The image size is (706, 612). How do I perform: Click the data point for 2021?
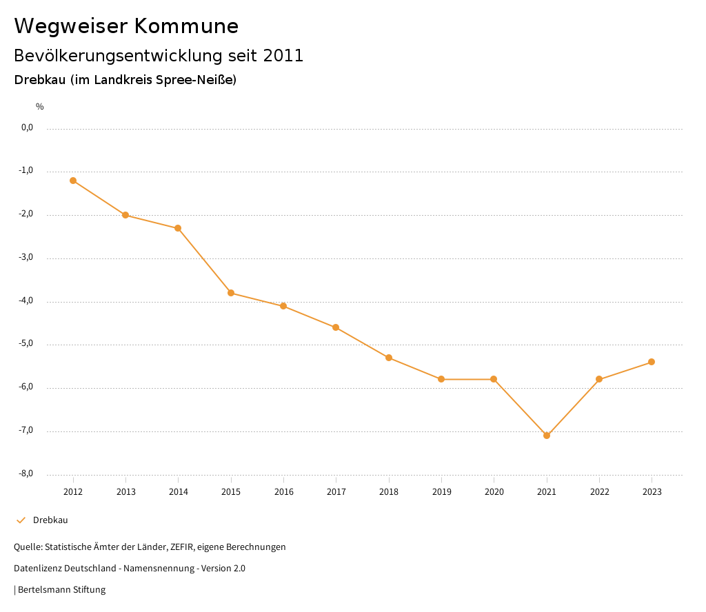(547, 436)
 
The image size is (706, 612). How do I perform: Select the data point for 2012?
(73, 181)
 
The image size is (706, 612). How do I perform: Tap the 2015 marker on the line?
(231, 293)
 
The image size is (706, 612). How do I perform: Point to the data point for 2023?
(652, 362)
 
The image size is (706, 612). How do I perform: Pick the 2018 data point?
(389, 358)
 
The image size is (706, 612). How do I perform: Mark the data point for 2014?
(178, 228)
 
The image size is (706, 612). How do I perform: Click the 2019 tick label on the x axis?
(441, 491)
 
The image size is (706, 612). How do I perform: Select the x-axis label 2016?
(283, 491)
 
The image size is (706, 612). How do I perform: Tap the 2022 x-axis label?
(599, 491)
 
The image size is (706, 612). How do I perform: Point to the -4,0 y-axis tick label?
(27, 300)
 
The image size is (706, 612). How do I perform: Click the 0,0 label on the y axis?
(28, 127)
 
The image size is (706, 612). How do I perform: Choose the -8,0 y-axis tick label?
(27, 473)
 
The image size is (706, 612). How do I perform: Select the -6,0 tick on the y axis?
(27, 387)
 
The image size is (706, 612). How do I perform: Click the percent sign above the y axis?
(40, 107)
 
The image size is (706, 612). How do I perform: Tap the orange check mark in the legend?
(21, 520)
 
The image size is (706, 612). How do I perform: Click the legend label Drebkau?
(50, 520)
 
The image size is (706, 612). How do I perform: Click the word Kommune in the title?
(186, 26)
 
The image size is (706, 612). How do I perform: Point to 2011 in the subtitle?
(283, 56)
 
